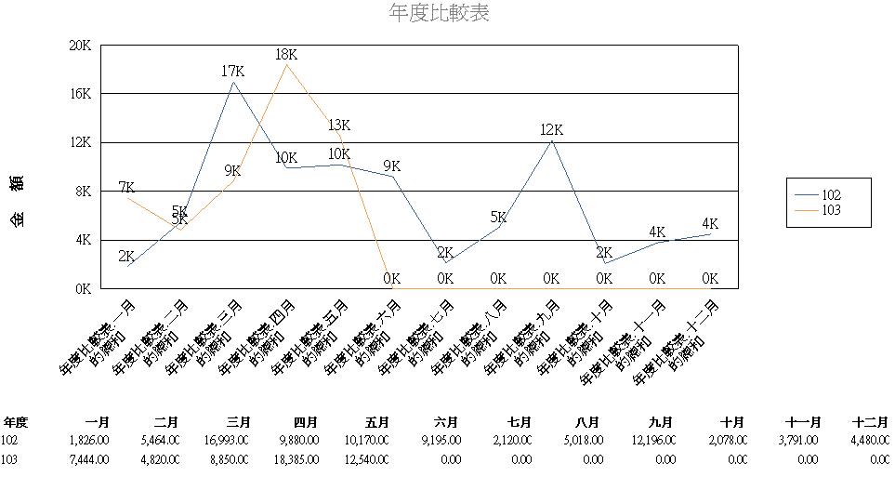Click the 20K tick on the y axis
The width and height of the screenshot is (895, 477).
[80, 46]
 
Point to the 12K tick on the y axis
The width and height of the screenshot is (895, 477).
[80, 142]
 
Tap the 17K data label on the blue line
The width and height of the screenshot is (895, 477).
[232, 71]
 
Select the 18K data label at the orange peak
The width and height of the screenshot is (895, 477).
[286, 55]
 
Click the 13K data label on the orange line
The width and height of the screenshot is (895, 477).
[339, 126]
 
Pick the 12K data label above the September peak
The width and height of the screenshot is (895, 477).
[552, 129]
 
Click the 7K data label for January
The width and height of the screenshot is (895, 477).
[127, 188]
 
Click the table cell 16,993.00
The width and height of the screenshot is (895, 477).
[226, 441]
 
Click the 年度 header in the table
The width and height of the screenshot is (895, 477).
[16, 421]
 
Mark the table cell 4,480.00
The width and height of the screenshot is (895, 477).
[868, 441]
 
